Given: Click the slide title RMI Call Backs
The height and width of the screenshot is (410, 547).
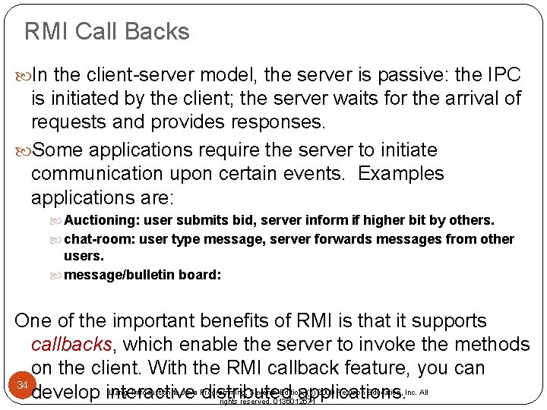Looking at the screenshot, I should [x=107, y=32].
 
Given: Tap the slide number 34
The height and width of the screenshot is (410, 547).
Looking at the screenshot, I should [x=23, y=386].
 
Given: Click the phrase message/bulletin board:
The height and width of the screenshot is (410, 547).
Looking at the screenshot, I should [x=143, y=275].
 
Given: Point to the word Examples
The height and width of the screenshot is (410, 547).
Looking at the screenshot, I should [x=401, y=173].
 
